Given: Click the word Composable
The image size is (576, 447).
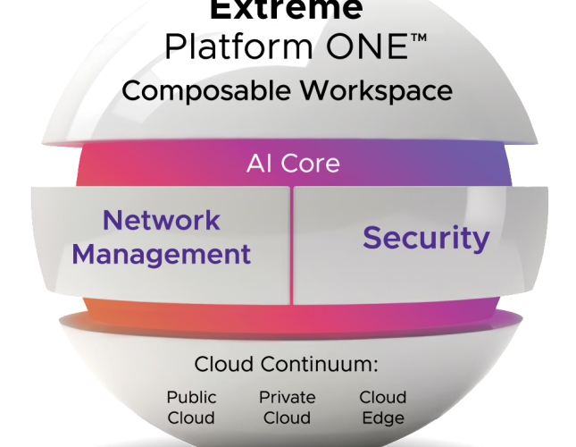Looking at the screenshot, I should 187,91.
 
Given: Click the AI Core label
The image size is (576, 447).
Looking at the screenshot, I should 293,164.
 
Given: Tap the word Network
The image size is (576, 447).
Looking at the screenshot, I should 162,220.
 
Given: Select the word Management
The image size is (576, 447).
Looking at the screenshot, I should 162,254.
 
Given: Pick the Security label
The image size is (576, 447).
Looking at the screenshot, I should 426,238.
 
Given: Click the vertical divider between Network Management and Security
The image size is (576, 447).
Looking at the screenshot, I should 291,244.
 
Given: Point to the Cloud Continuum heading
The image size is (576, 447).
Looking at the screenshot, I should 287,365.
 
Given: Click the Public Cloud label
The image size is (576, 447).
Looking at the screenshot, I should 191,407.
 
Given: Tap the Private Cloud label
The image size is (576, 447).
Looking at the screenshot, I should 288,407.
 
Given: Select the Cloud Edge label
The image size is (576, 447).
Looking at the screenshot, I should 382,407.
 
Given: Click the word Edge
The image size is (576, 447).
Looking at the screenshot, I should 382,417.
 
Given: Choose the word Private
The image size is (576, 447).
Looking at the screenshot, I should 288,397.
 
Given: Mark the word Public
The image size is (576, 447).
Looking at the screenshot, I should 191,397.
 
